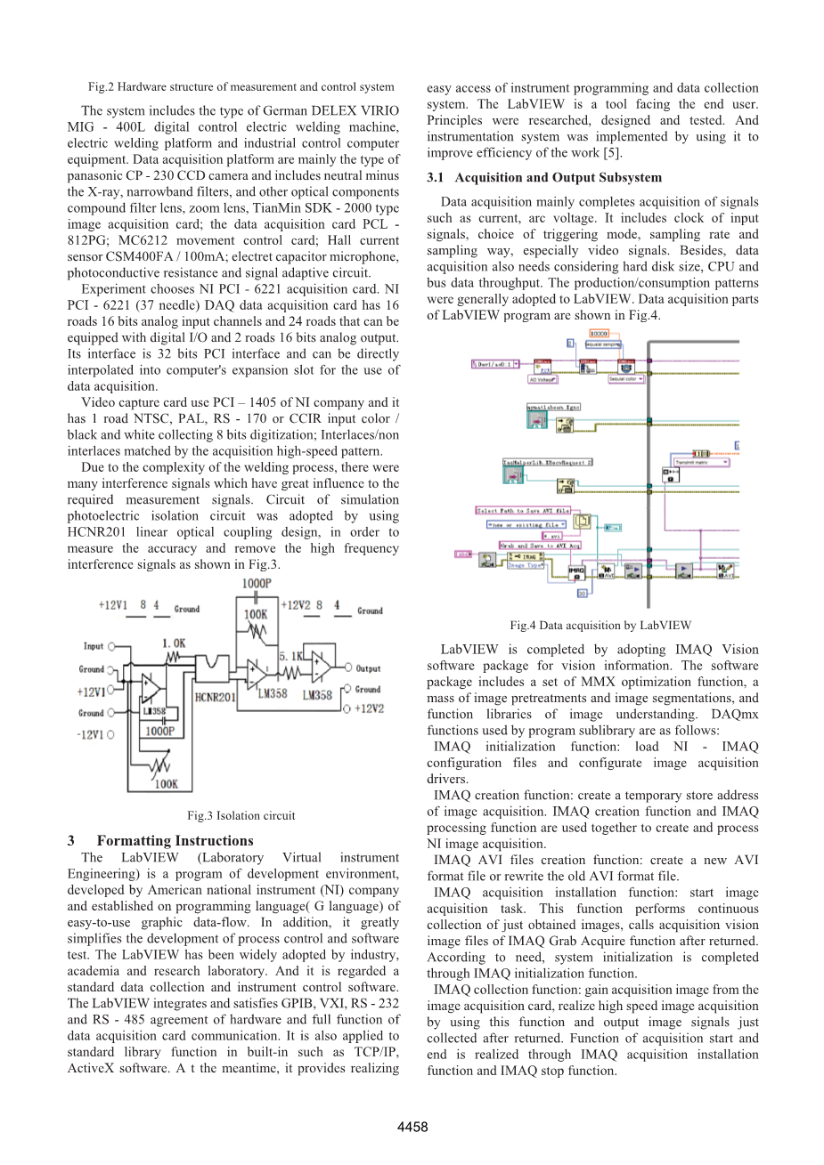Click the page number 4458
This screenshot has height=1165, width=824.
point(412,1127)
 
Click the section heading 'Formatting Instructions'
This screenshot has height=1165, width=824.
point(175,841)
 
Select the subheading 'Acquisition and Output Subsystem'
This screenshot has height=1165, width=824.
point(558,178)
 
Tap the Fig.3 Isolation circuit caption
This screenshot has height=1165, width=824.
point(241,815)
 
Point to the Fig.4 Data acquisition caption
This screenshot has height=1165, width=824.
point(600,626)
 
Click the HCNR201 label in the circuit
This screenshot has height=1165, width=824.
point(215,697)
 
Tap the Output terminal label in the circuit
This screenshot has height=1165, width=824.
point(368,668)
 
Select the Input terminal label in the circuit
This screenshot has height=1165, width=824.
point(94,646)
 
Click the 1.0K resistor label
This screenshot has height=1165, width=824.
point(175,642)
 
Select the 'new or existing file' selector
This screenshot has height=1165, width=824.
point(525,524)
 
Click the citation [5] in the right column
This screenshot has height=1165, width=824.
point(614,153)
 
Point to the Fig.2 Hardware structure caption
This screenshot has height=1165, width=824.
point(241,87)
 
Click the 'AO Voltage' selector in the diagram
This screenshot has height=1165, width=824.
point(543,379)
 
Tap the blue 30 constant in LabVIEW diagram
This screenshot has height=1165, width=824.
point(582,592)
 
